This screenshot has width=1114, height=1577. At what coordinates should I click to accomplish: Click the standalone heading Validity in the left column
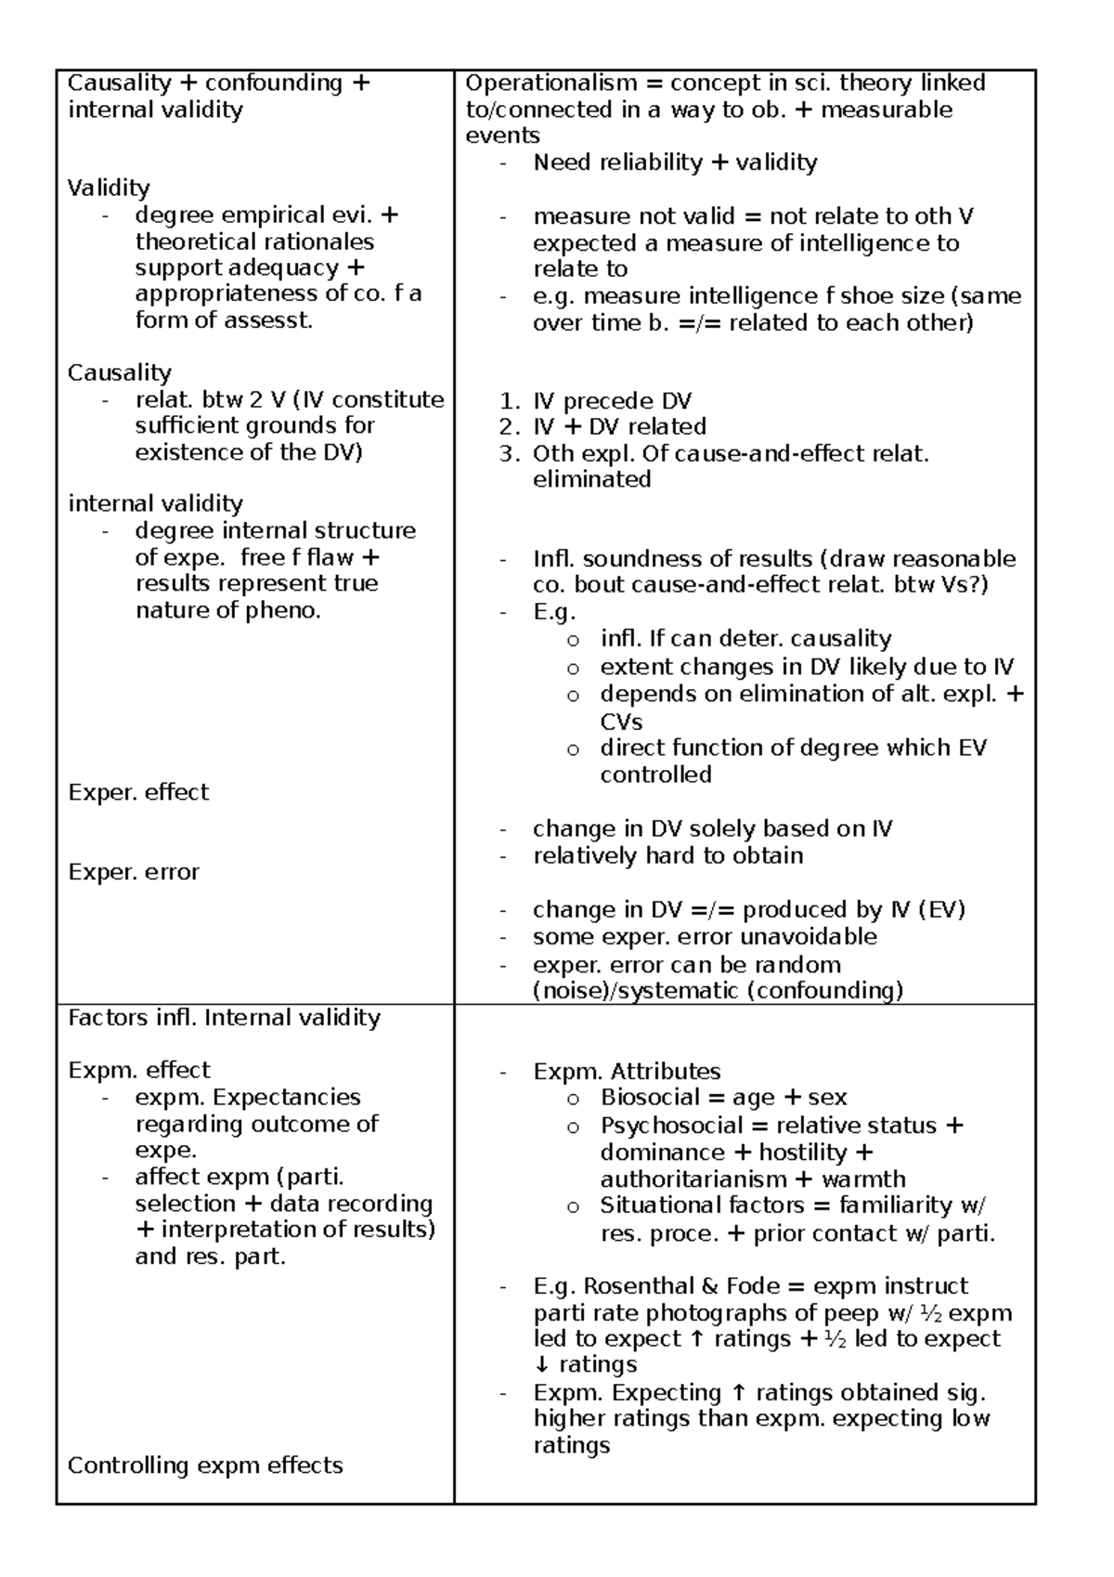[109, 188]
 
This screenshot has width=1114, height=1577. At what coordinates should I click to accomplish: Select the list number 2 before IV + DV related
[507, 427]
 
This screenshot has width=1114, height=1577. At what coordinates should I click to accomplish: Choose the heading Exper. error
[134, 872]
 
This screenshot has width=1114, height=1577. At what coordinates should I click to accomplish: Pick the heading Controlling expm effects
[205, 1465]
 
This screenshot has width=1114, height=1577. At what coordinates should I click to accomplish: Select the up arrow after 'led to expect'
[698, 1339]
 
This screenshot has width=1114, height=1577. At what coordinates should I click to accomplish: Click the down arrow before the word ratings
[541, 1365]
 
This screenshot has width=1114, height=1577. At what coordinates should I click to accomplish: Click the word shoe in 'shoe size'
[852, 296]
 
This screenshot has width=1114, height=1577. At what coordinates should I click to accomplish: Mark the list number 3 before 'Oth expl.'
[507, 454]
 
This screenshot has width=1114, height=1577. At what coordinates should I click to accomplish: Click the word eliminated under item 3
[591, 480]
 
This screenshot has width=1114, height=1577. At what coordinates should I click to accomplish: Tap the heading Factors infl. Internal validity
[224, 1018]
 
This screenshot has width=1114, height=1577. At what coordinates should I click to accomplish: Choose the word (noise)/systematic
[636, 991]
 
